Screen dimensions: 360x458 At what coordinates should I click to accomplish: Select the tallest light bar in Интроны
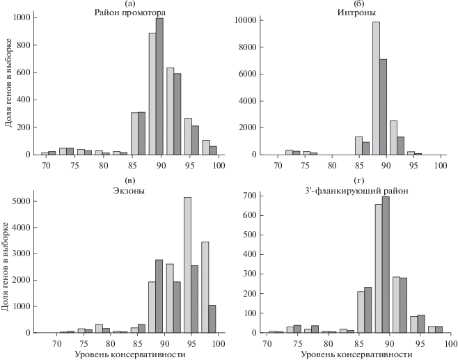pos(376,88)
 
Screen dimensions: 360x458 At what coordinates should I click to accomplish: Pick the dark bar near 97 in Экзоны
pos(212,319)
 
